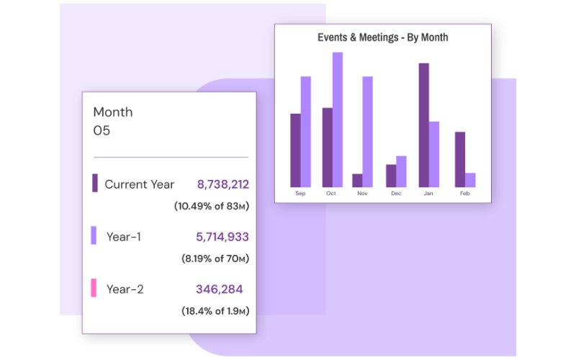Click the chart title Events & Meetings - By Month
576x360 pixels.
click(382, 37)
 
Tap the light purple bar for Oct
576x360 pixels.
click(338, 120)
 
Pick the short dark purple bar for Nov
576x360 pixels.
click(357, 180)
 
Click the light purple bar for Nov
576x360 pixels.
click(367, 132)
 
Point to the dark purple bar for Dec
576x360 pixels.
click(391, 176)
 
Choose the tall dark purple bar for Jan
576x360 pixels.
click(424, 125)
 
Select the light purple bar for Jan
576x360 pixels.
click(434, 154)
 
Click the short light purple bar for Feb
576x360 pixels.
click(470, 179)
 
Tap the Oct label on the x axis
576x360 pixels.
click(331, 194)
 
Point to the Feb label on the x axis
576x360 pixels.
click(465, 194)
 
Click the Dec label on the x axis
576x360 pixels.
click(396, 194)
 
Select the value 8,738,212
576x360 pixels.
click(223, 184)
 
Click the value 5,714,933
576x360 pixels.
click(222, 236)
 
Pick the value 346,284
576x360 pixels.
click(219, 289)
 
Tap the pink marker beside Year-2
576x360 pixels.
click(94, 288)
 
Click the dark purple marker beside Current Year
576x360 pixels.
click(94, 183)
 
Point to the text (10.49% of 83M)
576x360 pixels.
click(211, 206)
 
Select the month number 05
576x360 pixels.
click(102, 131)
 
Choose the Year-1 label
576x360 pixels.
click(123, 236)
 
